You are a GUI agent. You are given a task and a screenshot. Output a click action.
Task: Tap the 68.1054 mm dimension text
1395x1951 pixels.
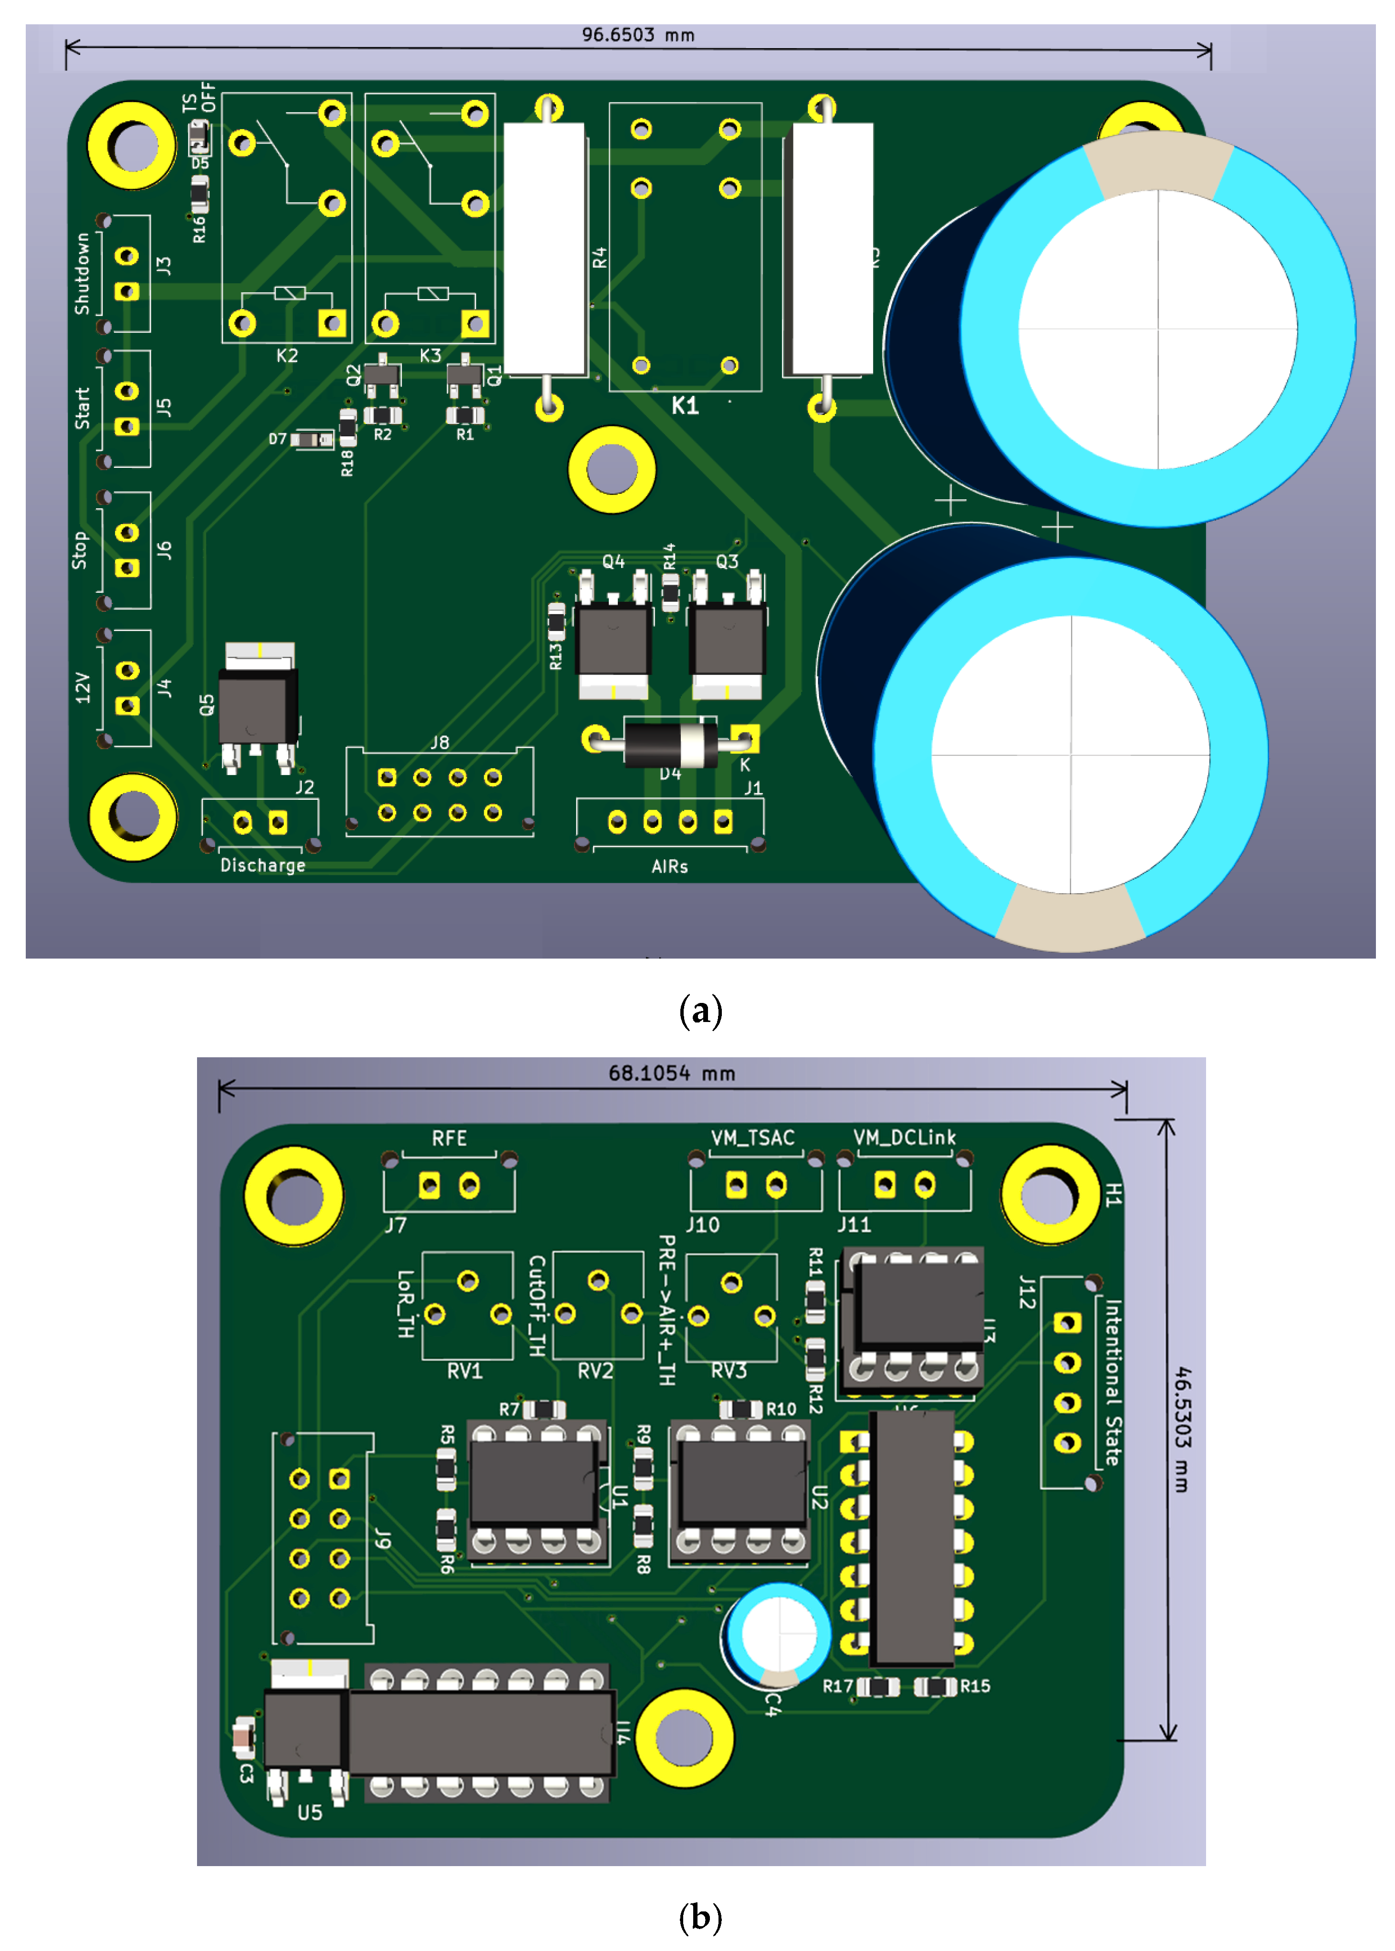[x=672, y=1074]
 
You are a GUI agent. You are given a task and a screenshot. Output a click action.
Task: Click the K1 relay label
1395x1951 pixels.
[x=685, y=405]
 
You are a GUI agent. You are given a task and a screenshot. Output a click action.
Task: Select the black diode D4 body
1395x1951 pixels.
[x=670, y=743]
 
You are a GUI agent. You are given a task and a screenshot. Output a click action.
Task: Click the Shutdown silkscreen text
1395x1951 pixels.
[x=83, y=273]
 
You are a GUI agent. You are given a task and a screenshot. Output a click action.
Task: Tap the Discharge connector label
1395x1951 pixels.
[x=263, y=866]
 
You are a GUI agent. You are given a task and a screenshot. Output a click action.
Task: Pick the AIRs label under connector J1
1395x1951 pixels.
[x=669, y=867]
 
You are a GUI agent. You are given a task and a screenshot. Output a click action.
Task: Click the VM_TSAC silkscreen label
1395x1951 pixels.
[x=752, y=1138]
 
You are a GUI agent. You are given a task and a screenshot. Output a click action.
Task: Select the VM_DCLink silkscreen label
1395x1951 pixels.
[x=905, y=1138]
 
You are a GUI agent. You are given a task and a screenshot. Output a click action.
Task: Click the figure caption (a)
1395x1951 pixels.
[x=700, y=1011]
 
